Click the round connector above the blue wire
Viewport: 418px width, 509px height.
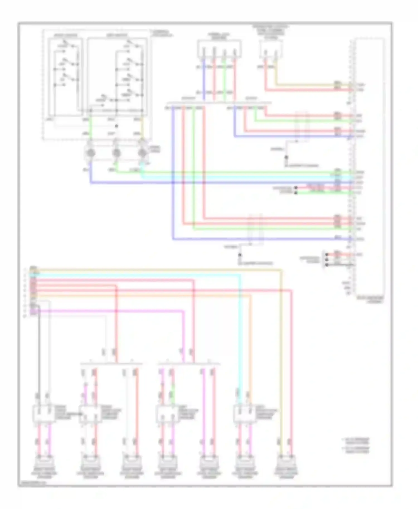coord(90,153)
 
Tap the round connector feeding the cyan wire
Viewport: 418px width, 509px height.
coord(142,153)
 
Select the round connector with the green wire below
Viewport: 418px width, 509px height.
coord(116,153)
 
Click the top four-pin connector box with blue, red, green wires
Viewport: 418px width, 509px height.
coord(219,49)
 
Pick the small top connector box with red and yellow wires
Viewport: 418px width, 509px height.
coord(271,49)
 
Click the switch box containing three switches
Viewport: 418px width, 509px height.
coord(65,77)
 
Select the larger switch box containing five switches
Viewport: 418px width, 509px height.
coord(117,77)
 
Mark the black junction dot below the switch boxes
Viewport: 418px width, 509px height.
coord(116,126)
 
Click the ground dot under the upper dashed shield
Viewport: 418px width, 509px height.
coord(286,157)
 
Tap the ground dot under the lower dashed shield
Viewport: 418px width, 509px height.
coord(240,255)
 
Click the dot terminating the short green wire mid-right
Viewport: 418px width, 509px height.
coord(296,193)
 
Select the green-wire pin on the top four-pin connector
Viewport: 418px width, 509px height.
coord(224,52)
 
